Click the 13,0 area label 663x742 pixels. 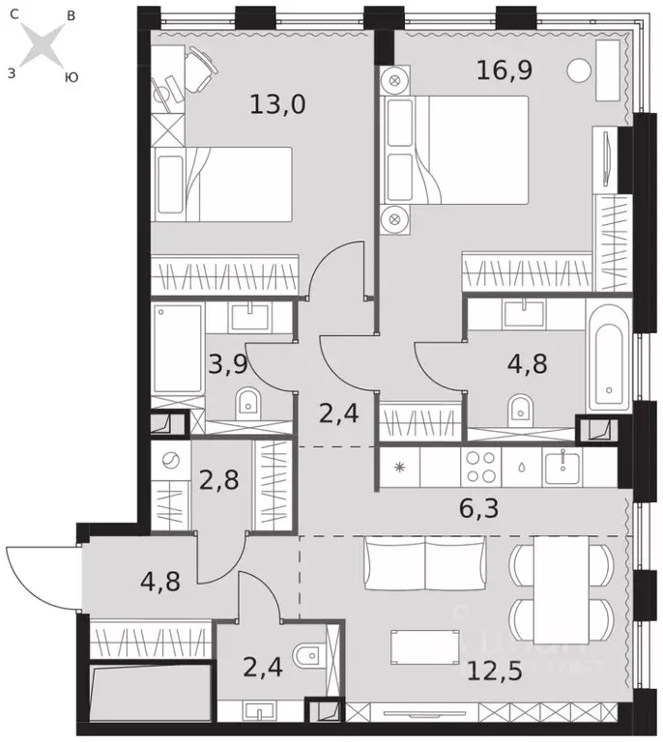point(277,104)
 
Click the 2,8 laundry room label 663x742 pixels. point(220,479)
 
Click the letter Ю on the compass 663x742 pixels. point(71,77)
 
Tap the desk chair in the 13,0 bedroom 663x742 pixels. point(200,65)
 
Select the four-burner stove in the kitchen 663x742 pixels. point(480,468)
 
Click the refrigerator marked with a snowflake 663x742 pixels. point(399,468)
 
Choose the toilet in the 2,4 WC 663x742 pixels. point(306,658)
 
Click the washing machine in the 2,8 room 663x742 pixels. point(171,462)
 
